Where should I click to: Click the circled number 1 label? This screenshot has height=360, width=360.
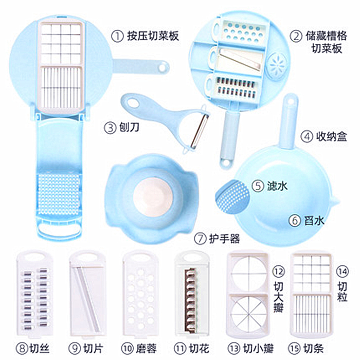pos(118,37)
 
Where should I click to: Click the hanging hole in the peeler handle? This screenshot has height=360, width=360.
pos(133,103)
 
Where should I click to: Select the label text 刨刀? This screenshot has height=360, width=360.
pos(129,127)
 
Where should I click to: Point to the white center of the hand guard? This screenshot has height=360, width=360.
pos(152,197)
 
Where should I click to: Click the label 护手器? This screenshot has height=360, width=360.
pos(224,239)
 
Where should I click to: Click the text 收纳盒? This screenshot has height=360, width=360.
pos(332,136)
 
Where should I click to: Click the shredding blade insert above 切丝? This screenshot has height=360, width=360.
pos(34,293)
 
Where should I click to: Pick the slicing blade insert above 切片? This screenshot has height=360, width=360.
pos(87,293)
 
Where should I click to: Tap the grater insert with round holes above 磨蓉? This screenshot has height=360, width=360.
pos(140,293)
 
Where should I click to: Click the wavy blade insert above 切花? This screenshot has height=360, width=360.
pos(192,293)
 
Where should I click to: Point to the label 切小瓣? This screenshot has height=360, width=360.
pos(258,349)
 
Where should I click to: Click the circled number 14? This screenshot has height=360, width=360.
pos(343,272)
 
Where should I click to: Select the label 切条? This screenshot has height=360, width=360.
pos(313,349)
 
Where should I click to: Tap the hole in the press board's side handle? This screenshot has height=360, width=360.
pos(162,68)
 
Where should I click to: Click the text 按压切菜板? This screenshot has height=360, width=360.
pos(153,37)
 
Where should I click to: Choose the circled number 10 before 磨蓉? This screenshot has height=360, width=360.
pos(128,349)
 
